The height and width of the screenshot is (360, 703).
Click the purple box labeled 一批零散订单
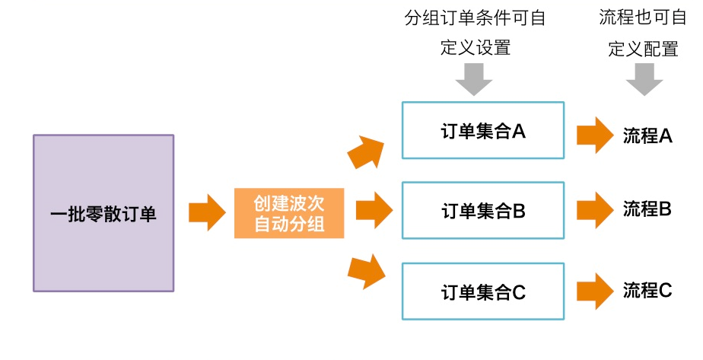click(103, 213)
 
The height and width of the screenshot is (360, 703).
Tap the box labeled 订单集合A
click(482, 131)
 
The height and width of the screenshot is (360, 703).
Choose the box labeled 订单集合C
click(482, 291)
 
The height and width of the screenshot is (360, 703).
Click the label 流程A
click(647, 135)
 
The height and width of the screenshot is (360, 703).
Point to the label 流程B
click(647, 208)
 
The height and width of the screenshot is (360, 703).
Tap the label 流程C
click(647, 290)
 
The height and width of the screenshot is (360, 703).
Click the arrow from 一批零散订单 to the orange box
click(204, 212)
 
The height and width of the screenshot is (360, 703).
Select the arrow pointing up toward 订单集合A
click(366, 151)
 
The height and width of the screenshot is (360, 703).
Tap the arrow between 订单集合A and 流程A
click(595, 135)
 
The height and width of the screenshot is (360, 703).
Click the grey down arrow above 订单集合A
click(475, 78)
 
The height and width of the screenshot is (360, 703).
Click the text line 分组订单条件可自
click(476, 18)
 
